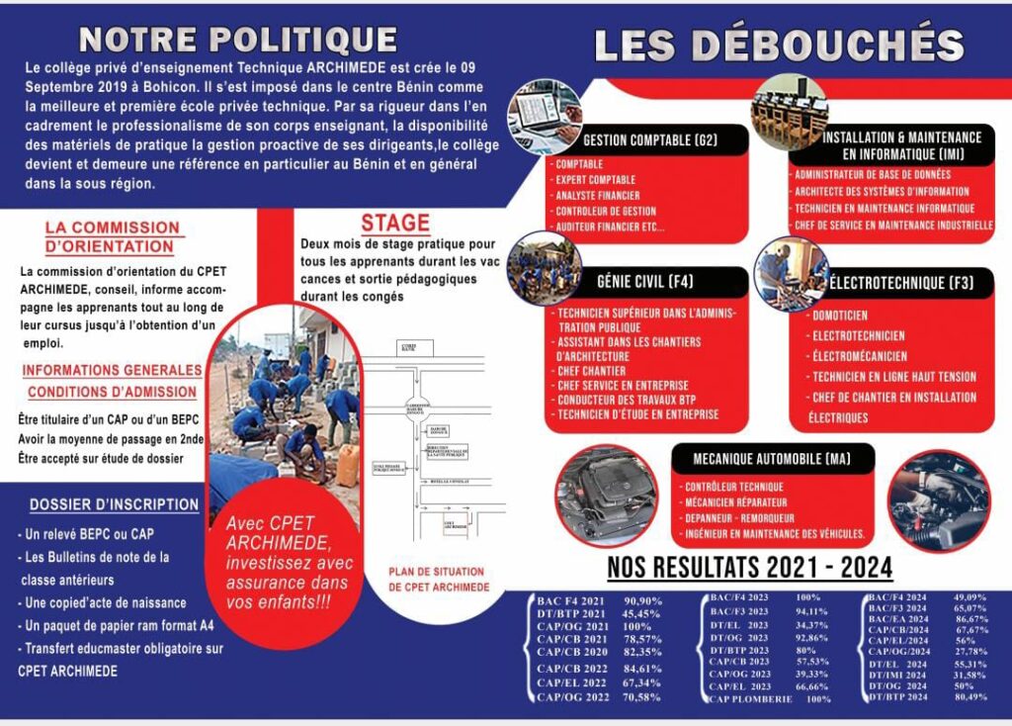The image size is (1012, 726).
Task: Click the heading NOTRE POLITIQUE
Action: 237,40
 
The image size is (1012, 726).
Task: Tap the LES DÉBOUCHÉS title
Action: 779,46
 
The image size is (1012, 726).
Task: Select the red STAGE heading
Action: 394,222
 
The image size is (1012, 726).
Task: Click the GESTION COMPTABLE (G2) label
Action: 649,139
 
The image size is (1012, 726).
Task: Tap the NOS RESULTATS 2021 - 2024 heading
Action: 749,568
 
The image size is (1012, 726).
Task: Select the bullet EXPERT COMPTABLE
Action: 595,180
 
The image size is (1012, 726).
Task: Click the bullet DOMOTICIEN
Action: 840,315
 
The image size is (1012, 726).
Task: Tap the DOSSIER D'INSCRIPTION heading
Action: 114,504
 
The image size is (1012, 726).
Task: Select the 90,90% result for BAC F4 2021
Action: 642,601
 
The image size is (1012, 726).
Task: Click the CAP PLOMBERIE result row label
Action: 750,699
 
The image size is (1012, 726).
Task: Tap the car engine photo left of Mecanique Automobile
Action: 606,496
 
